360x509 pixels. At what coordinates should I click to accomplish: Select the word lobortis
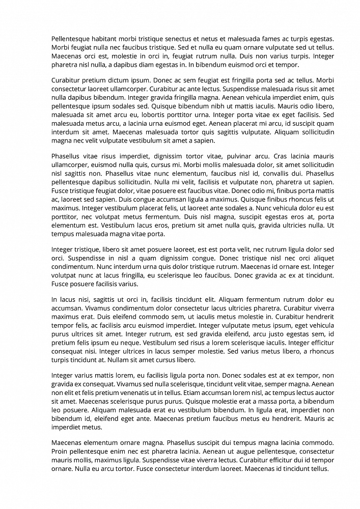(144, 115)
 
